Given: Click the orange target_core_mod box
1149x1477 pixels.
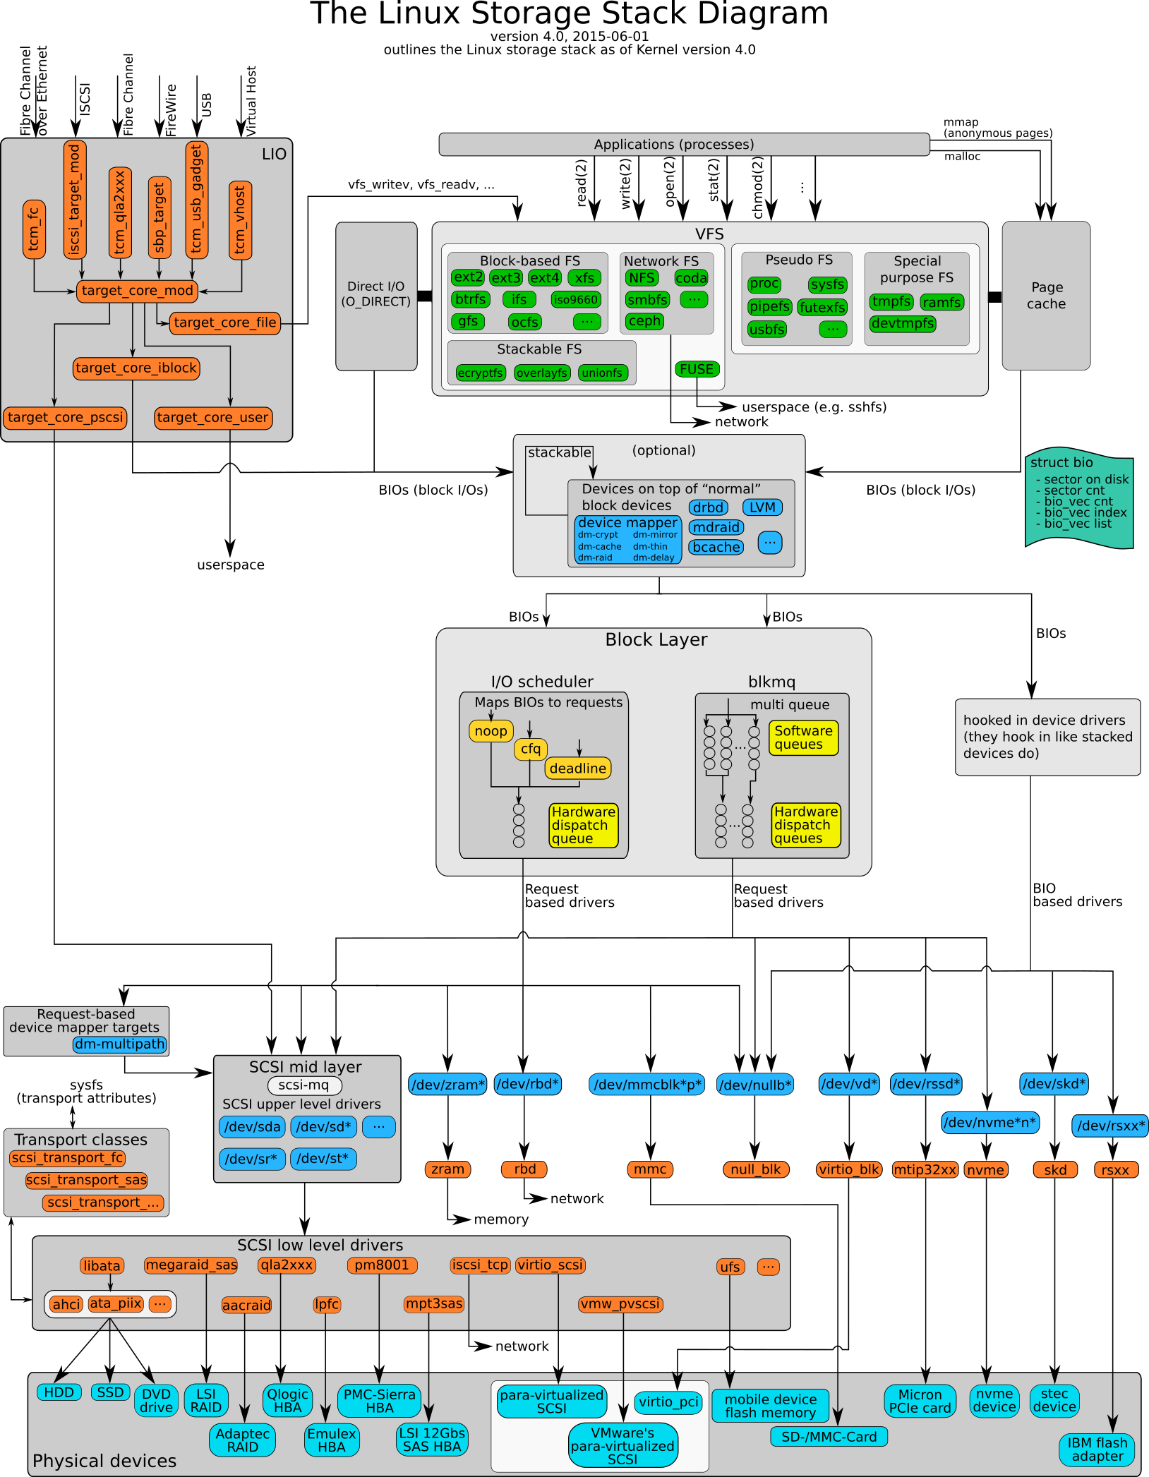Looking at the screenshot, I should click(x=137, y=291).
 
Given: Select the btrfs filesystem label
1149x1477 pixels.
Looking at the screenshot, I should click(x=470, y=300).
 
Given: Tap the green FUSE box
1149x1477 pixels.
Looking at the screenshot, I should click(x=697, y=369).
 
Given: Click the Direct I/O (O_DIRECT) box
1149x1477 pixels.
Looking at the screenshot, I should click(x=376, y=295).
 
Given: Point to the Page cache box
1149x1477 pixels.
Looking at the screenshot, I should click(x=1046, y=296).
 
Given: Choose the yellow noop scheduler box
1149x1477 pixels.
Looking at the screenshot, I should click(x=491, y=731).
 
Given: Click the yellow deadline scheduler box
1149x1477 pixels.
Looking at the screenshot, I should click(x=577, y=768).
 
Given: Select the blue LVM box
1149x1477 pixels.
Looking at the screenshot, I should click(x=762, y=507).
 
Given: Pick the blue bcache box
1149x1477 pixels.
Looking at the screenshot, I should click(x=716, y=547).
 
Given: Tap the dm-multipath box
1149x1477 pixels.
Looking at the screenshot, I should click(x=120, y=1044).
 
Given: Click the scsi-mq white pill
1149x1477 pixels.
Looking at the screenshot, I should click(x=304, y=1085).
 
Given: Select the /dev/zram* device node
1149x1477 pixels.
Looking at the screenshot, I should click(x=447, y=1085).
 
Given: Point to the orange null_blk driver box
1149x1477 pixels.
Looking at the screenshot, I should click(x=755, y=1170).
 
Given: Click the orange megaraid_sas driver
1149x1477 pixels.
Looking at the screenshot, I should click(x=191, y=1265).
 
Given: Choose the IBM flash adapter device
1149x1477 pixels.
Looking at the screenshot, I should click(x=1097, y=1449).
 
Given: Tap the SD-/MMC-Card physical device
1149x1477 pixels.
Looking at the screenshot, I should click(x=829, y=1437).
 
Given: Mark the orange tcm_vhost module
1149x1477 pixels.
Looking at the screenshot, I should click(x=240, y=220).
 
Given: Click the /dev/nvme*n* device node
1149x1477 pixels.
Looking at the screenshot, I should click(x=989, y=1123).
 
